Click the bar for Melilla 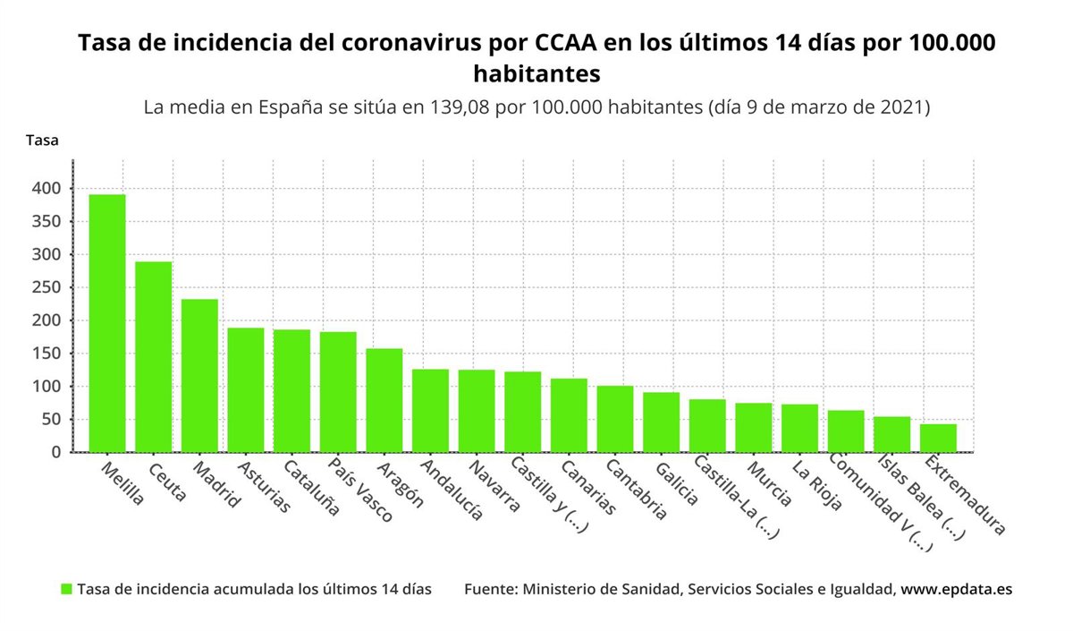(x=107, y=323)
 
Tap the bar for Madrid (x=199, y=375)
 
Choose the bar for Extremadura (x=938, y=438)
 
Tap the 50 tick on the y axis (x=51, y=420)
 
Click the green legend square (x=66, y=589)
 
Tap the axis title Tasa (x=42, y=141)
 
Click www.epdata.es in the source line (x=956, y=589)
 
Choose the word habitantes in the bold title (x=536, y=72)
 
